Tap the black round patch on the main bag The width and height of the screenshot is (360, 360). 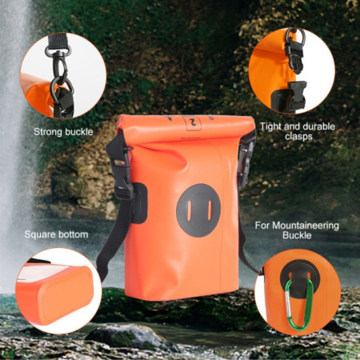pyautogui.click(x=198, y=210)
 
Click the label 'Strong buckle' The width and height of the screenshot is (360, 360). pyautogui.click(x=63, y=131)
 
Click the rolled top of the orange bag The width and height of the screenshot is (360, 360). pyautogui.click(x=186, y=129)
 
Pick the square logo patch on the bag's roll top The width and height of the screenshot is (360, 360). pyautogui.click(x=192, y=122)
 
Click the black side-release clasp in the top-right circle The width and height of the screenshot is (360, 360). pyautogui.click(x=293, y=94)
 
